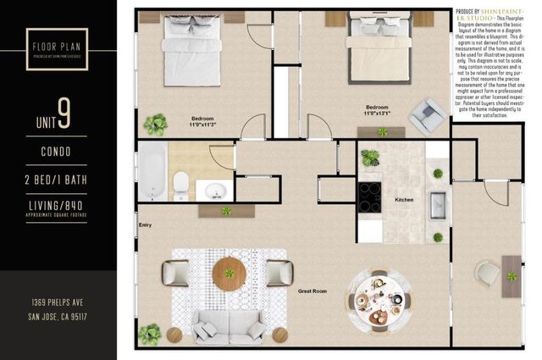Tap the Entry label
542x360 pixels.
(145, 224)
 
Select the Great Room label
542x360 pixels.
(312, 291)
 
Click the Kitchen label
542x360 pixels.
(405, 201)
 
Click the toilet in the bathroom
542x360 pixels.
(180, 183)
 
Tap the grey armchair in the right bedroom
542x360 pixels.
(426, 114)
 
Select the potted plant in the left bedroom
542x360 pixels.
(155, 125)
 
